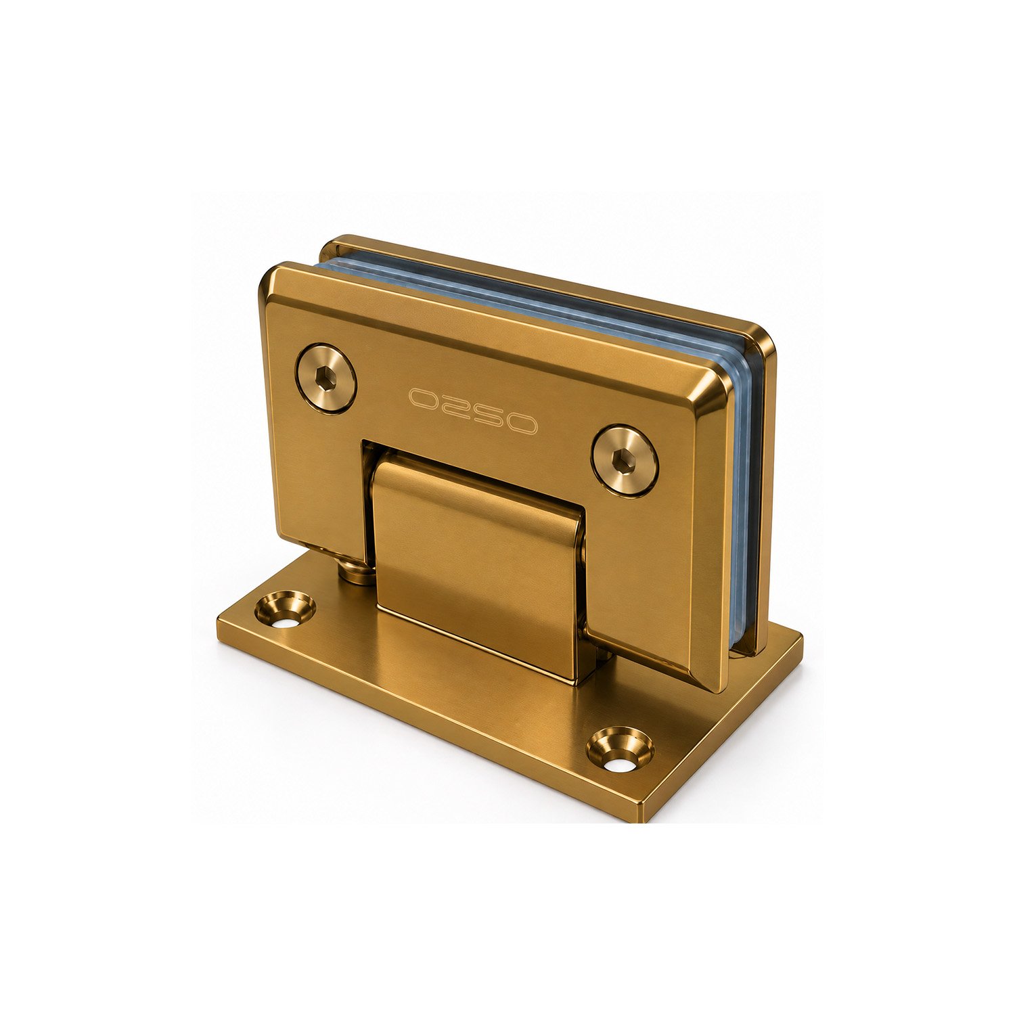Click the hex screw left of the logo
pyautogui.click(x=326, y=378)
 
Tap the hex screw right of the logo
pyautogui.click(x=625, y=460)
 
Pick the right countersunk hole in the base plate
pyautogui.click(x=620, y=750)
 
